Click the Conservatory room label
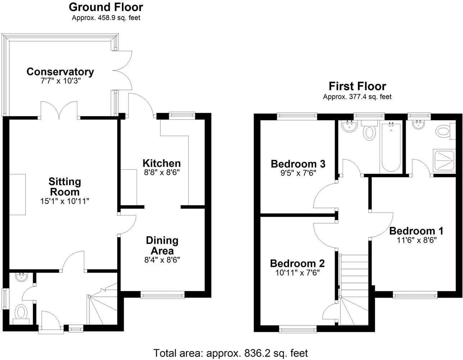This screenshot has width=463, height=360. click(x=60, y=72)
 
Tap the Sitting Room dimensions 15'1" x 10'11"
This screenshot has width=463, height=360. click(x=65, y=201)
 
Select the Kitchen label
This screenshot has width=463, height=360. click(x=162, y=164)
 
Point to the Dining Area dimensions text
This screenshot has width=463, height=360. click(x=162, y=260)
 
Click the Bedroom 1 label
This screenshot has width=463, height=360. click(x=416, y=231)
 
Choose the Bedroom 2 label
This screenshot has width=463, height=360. click(x=297, y=264)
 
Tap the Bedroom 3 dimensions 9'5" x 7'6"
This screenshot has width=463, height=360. click(x=298, y=173)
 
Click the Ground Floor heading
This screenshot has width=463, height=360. click(x=106, y=7)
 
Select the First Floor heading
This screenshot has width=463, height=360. click(x=357, y=86)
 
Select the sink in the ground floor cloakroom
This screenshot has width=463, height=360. click(x=21, y=277)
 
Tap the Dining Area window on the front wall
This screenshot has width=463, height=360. click(x=162, y=295)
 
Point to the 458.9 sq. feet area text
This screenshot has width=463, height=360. click(x=119, y=18)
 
